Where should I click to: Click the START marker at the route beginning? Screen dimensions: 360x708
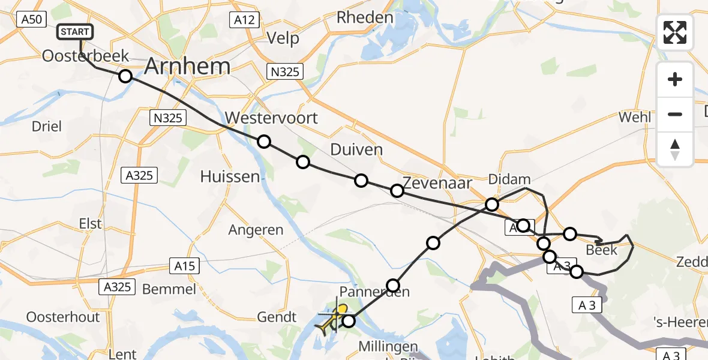(x=75, y=32)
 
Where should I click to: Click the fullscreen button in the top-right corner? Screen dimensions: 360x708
(x=675, y=32)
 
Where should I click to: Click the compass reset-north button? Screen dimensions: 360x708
(x=675, y=149)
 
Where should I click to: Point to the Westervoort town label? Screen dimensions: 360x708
(x=271, y=118)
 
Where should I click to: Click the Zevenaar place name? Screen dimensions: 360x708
(x=437, y=182)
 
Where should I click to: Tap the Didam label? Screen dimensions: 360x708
(x=509, y=179)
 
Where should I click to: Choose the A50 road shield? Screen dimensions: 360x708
(x=31, y=19)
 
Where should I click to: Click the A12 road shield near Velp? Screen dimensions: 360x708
(x=244, y=20)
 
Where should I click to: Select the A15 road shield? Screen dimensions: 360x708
(x=185, y=265)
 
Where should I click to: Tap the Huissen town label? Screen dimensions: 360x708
(x=230, y=176)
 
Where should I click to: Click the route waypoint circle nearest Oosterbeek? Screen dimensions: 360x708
(x=125, y=76)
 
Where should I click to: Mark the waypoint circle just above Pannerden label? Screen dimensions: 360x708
(x=393, y=285)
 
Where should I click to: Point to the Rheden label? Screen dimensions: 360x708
(x=364, y=17)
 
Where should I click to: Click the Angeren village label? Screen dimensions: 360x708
(x=256, y=230)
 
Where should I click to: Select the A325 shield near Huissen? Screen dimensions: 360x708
(x=139, y=175)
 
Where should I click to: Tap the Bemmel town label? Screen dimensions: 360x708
(x=169, y=289)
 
